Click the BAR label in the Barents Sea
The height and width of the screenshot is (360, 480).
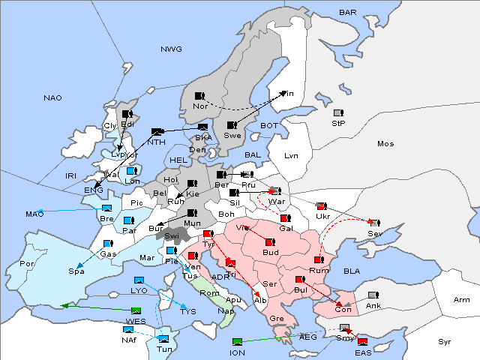tap(347, 12)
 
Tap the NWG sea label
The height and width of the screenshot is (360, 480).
tap(170, 49)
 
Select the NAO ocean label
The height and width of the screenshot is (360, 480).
tap(52, 98)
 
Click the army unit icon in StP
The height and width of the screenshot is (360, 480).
tap(338, 113)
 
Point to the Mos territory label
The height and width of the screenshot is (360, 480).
tap(385, 143)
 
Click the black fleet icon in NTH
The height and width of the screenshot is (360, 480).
tap(157, 132)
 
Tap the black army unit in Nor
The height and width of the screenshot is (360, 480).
tap(199, 96)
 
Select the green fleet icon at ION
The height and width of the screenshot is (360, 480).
tap(237, 343)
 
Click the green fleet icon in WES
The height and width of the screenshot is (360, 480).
tap(135, 311)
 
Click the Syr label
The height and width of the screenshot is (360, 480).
tap(445, 341)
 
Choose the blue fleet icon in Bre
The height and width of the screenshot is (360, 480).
tap(106, 208)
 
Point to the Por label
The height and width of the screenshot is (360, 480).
tap(28, 264)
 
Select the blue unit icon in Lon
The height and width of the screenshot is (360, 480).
tap(132, 171)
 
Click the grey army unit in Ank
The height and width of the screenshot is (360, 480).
tap(372, 295)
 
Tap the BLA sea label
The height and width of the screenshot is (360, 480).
tap(352, 271)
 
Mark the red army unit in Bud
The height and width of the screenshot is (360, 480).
tap(269, 243)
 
